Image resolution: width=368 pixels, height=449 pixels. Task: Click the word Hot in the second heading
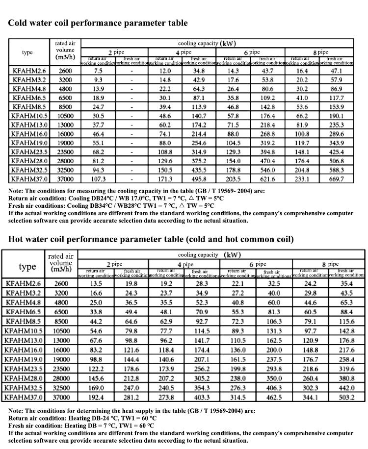[17, 239]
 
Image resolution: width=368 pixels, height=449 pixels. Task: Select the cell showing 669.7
[336, 179]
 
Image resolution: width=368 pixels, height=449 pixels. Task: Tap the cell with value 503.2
[347, 397]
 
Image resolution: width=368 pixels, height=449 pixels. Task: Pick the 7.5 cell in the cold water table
[98, 71]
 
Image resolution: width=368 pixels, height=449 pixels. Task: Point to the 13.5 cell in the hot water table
[96, 283]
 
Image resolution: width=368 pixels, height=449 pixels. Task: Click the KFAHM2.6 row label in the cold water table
[29, 71]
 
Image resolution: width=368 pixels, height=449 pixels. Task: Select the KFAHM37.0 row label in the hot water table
[24, 397]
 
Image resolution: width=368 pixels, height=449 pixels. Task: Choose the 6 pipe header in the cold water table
[252, 52]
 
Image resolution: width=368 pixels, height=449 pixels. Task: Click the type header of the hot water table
[27, 267]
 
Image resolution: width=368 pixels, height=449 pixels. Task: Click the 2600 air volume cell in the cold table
[65, 71]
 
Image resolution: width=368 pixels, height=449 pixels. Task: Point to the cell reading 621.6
[267, 179]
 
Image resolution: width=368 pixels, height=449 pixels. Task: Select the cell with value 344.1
[310, 397]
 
